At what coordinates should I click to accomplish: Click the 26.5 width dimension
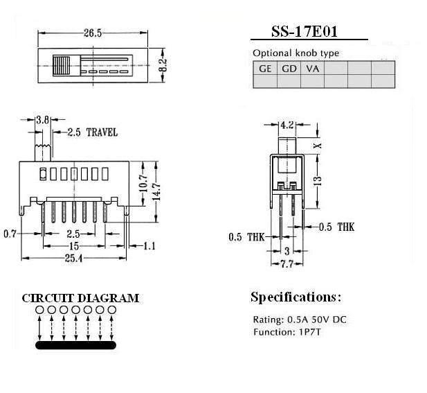pyautogui.click(x=93, y=33)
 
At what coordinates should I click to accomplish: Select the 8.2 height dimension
pyautogui.click(x=163, y=65)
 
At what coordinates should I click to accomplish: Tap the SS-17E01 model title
pyautogui.click(x=305, y=32)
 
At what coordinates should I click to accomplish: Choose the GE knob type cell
pyautogui.click(x=265, y=68)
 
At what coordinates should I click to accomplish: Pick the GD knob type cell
pyautogui.click(x=289, y=68)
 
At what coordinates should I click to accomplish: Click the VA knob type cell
pyautogui.click(x=312, y=68)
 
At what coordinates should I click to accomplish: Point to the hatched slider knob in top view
pyautogui.click(x=62, y=66)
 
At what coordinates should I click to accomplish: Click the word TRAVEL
pyautogui.click(x=102, y=132)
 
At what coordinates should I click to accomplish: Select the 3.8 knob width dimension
pyautogui.click(x=43, y=120)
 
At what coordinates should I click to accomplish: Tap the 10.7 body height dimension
pyautogui.click(x=143, y=183)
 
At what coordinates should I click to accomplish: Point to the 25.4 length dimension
pyautogui.click(x=73, y=259)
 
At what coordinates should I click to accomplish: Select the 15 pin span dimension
pyautogui.click(x=74, y=246)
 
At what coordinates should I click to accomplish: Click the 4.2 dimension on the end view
pyautogui.click(x=287, y=125)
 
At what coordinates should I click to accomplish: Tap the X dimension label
pyautogui.click(x=318, y=146)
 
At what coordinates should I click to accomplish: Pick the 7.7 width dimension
pyautogui.click(x=287, y=264)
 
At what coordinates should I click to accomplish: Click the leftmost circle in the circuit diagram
pyautogui.click(x=39, y=310)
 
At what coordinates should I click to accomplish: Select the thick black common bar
pyautogui.click(x=75, y=345)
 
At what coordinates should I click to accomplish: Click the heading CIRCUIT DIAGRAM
pyautogui.click(x=80, y=298)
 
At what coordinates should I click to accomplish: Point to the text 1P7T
pyautogui.click(x=310, y=332)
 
